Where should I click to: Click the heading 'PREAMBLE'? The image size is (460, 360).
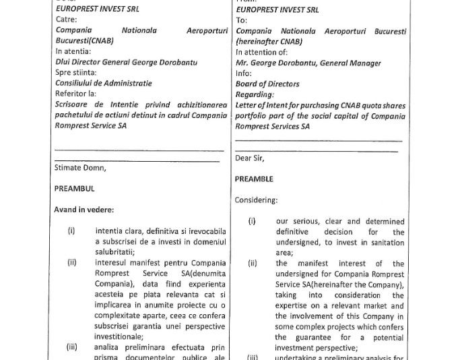coord(254,179)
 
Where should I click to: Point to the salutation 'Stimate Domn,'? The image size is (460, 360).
coord(79,168)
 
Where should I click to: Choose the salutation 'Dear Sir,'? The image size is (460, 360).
coord(250,158)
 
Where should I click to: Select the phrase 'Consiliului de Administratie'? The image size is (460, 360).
coord(103,84)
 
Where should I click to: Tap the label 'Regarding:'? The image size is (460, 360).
coord(255,95)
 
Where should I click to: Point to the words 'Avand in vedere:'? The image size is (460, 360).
coord(84,210)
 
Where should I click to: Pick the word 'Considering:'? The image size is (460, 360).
coord(256,200)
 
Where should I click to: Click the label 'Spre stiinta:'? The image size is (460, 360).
coord(75,73)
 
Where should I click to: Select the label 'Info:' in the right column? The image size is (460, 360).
coord(243,73)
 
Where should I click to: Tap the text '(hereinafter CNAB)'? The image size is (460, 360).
coord(269,41)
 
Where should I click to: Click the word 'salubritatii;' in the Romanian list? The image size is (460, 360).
coord(115,251)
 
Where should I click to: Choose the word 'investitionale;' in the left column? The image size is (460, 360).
coord(120,335)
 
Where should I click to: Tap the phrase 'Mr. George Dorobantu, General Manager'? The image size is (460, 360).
coord(308,63)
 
